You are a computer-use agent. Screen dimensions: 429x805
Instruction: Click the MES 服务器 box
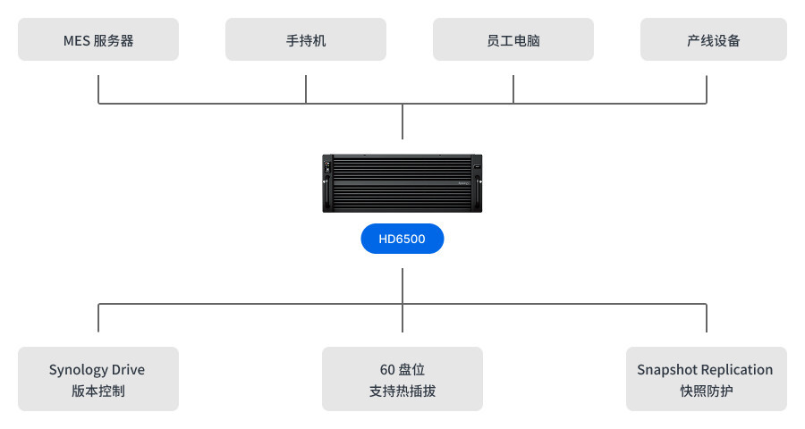(98, 40)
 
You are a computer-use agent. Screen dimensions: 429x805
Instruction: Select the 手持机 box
(306, 40)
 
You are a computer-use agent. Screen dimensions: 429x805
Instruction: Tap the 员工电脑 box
(513, 40)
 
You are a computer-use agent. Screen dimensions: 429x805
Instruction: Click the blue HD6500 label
(402, 239)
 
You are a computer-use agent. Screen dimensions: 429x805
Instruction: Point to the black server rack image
(402, 183)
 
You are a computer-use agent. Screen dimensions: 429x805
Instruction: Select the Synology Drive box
(98, 379)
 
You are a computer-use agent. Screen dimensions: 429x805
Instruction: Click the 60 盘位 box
(402, 379)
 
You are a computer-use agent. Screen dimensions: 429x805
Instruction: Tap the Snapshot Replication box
(707, 379)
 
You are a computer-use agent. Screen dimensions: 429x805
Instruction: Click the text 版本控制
(98, 391)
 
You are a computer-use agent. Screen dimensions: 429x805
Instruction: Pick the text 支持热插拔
(402, 391)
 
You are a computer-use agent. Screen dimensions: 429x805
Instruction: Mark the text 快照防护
(707, 391)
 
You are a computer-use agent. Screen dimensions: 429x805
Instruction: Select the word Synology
(78, 370)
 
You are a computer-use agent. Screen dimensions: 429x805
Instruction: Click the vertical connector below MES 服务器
(98, 89)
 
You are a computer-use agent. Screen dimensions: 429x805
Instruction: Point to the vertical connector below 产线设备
(707, 89)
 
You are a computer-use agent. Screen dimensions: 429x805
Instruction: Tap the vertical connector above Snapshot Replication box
(707, 318)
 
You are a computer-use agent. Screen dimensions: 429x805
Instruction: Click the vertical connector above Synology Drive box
(98, 318)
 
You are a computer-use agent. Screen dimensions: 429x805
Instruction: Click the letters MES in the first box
(76, 40)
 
